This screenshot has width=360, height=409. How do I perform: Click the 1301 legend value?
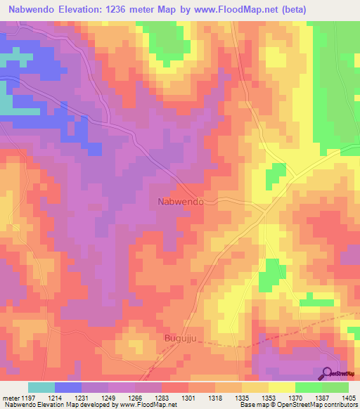pyautogui.click(x=188, y=397)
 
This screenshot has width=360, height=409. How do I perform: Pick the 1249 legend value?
pyautogui.click(x=108, y=397)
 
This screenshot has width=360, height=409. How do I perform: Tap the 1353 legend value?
pyautogui.click(x=268, y=397)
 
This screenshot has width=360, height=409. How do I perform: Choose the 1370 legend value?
pyautogui.click(x=295, y=397)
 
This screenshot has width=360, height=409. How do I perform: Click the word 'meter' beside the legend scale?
pyautogui.click(x=10, y=397)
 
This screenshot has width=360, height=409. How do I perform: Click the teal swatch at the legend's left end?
pyautogui.click(x=41, y=387)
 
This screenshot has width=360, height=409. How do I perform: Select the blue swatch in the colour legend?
pyautogui.click(x=68, y=387)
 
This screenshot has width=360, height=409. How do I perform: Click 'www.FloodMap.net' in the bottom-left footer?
pyautogui.click(x=146, y=405)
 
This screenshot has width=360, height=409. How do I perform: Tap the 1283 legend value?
pyautogui.click(x=161, y=397)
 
